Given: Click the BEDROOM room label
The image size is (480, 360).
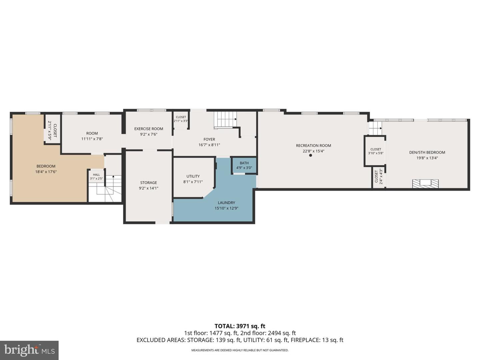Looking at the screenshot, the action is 46,166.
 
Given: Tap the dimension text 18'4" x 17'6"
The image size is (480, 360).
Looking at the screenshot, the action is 46,172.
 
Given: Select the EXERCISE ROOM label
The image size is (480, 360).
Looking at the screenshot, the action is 149,129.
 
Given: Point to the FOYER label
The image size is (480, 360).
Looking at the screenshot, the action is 209,139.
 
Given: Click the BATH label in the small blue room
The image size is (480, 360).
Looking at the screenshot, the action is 244,163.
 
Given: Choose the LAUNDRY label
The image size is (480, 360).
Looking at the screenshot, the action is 226,203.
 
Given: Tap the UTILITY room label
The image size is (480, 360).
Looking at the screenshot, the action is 193,176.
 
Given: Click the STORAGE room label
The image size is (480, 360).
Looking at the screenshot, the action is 149,183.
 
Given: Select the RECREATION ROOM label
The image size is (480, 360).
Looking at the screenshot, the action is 314,145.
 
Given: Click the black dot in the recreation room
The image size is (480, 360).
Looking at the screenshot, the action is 311,155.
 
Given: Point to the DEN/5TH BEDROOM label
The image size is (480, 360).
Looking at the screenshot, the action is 427,152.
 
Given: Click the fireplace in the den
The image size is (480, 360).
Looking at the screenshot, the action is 426,184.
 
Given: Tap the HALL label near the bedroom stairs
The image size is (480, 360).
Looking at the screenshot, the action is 96,175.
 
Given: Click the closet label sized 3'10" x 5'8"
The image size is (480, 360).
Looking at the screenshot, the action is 376,149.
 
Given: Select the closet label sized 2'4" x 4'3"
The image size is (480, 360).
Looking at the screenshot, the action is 376,176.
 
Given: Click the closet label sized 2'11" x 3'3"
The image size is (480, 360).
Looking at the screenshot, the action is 181,117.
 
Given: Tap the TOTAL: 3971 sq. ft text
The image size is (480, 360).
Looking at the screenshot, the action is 240,326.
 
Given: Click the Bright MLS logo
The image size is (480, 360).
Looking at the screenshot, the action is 29,350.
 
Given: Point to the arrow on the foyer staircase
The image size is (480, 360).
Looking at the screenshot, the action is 235,119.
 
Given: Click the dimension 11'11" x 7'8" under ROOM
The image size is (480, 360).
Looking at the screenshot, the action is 92,139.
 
